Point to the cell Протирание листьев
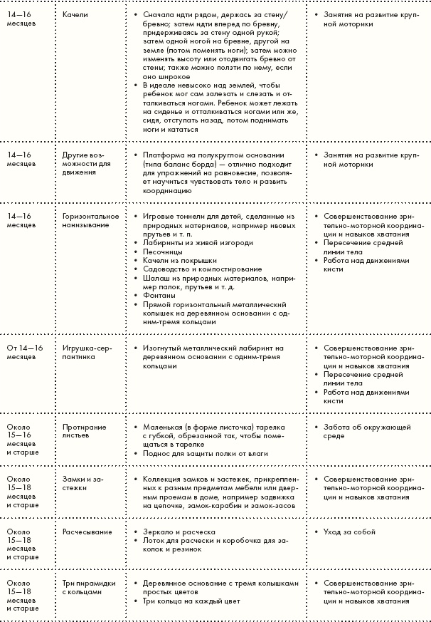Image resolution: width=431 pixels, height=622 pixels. click(80, 432)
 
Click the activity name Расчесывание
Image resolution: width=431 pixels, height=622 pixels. click(85, 532)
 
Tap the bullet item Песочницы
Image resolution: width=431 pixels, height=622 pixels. click(163, 252)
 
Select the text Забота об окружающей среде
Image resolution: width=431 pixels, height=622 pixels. click(362, 432)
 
